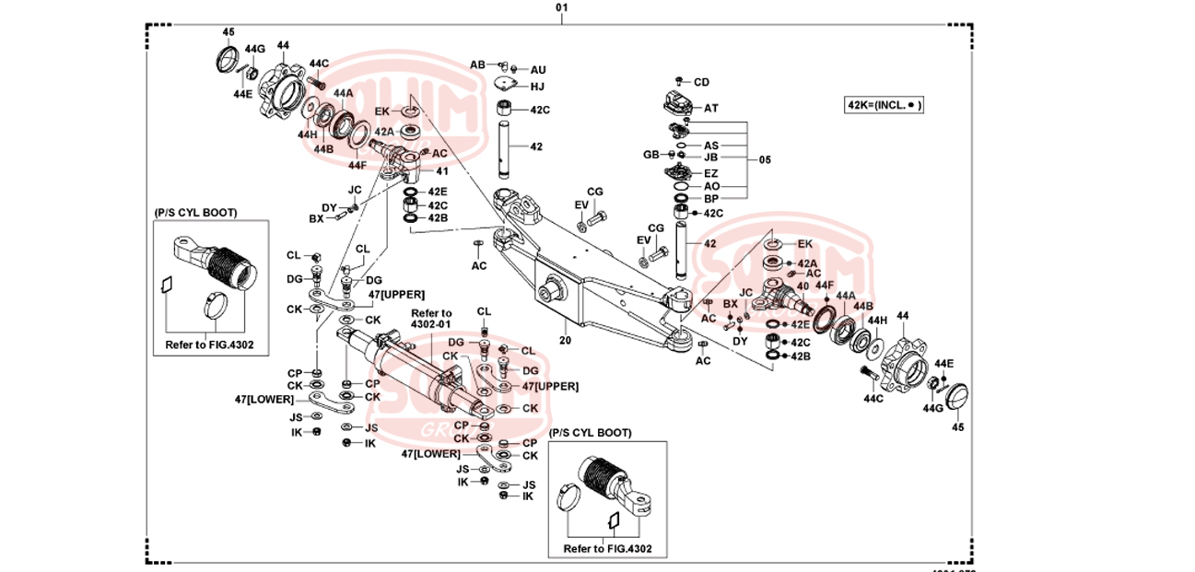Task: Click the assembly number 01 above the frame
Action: pyautogui.click(x=562, y=7)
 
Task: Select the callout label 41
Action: pyautogui.click(x=442, y=171)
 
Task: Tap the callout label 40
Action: pyautogui.click(x=803, y=286)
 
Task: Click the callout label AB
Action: pyautogui.click(x=477, y=64)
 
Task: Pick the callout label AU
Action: pyautogui.click(x=538, y=70)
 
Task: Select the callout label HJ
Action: pyautogui.click(x=537, y=87)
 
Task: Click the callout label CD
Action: pyautogui.click(x=701, y=82)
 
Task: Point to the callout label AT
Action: pyautogui.click(x=711, y=108)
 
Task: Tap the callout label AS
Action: pyautogui.click(x=711, y=146)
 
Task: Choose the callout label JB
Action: pyautogui.click(x=710, y=158)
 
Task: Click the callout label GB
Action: pyautogui.click(x=650, y=155)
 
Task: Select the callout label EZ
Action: pyautogui.click(x=711, y=172)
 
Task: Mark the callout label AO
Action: pyautogui.click(x=711, y=186)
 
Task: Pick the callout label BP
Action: pyautogui.click(x=711, y=198)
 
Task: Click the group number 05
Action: pyautogui.click(x=765, y=159)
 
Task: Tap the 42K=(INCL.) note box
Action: pyautogui.click(x=885, y=105)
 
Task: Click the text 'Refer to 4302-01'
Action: pyautogui.click(x=431, y=319)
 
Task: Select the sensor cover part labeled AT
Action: pyautogui.click(x=677, y=103)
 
